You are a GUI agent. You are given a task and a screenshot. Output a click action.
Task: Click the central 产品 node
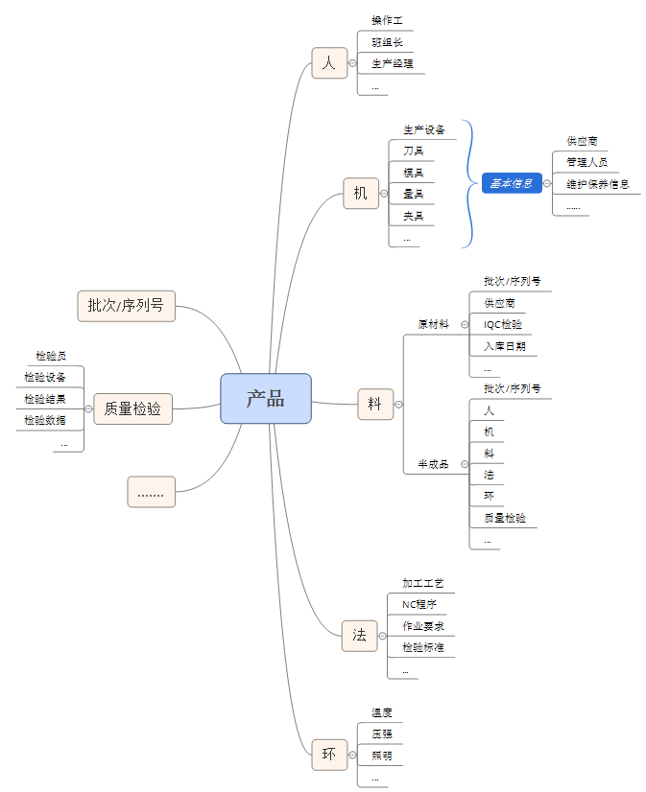pos(266,398)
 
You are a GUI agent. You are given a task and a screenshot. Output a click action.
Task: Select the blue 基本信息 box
pos(512,183)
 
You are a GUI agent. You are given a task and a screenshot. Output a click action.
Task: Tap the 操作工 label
pos(387,20)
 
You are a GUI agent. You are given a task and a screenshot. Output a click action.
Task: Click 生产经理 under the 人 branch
pos(393,63)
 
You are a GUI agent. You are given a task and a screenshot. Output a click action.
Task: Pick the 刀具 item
pos(414,151)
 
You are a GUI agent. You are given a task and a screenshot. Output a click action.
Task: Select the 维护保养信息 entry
pos(598,183)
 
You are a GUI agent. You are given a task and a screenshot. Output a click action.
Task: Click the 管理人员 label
pos(586,162)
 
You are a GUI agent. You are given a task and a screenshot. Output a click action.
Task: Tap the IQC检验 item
pos(504,324)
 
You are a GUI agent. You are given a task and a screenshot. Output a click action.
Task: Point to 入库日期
pos(505,345)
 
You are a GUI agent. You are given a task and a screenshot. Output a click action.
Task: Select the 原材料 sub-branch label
pos(433,324)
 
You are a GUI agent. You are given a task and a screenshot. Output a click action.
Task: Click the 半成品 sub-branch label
pos(433,464)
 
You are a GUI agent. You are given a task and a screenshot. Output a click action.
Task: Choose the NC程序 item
pos(419,604)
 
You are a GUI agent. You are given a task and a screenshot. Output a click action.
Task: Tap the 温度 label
pos(382,712)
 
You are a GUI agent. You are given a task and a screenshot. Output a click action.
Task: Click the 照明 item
pos(382,756)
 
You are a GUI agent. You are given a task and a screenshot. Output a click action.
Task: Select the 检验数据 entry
pos(45,420)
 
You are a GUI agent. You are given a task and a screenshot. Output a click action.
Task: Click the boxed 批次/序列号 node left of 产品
pos(126,306)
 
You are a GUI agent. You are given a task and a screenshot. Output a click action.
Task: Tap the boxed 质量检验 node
pos(132,409)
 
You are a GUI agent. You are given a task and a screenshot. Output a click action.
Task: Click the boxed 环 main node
pos(329,755)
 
